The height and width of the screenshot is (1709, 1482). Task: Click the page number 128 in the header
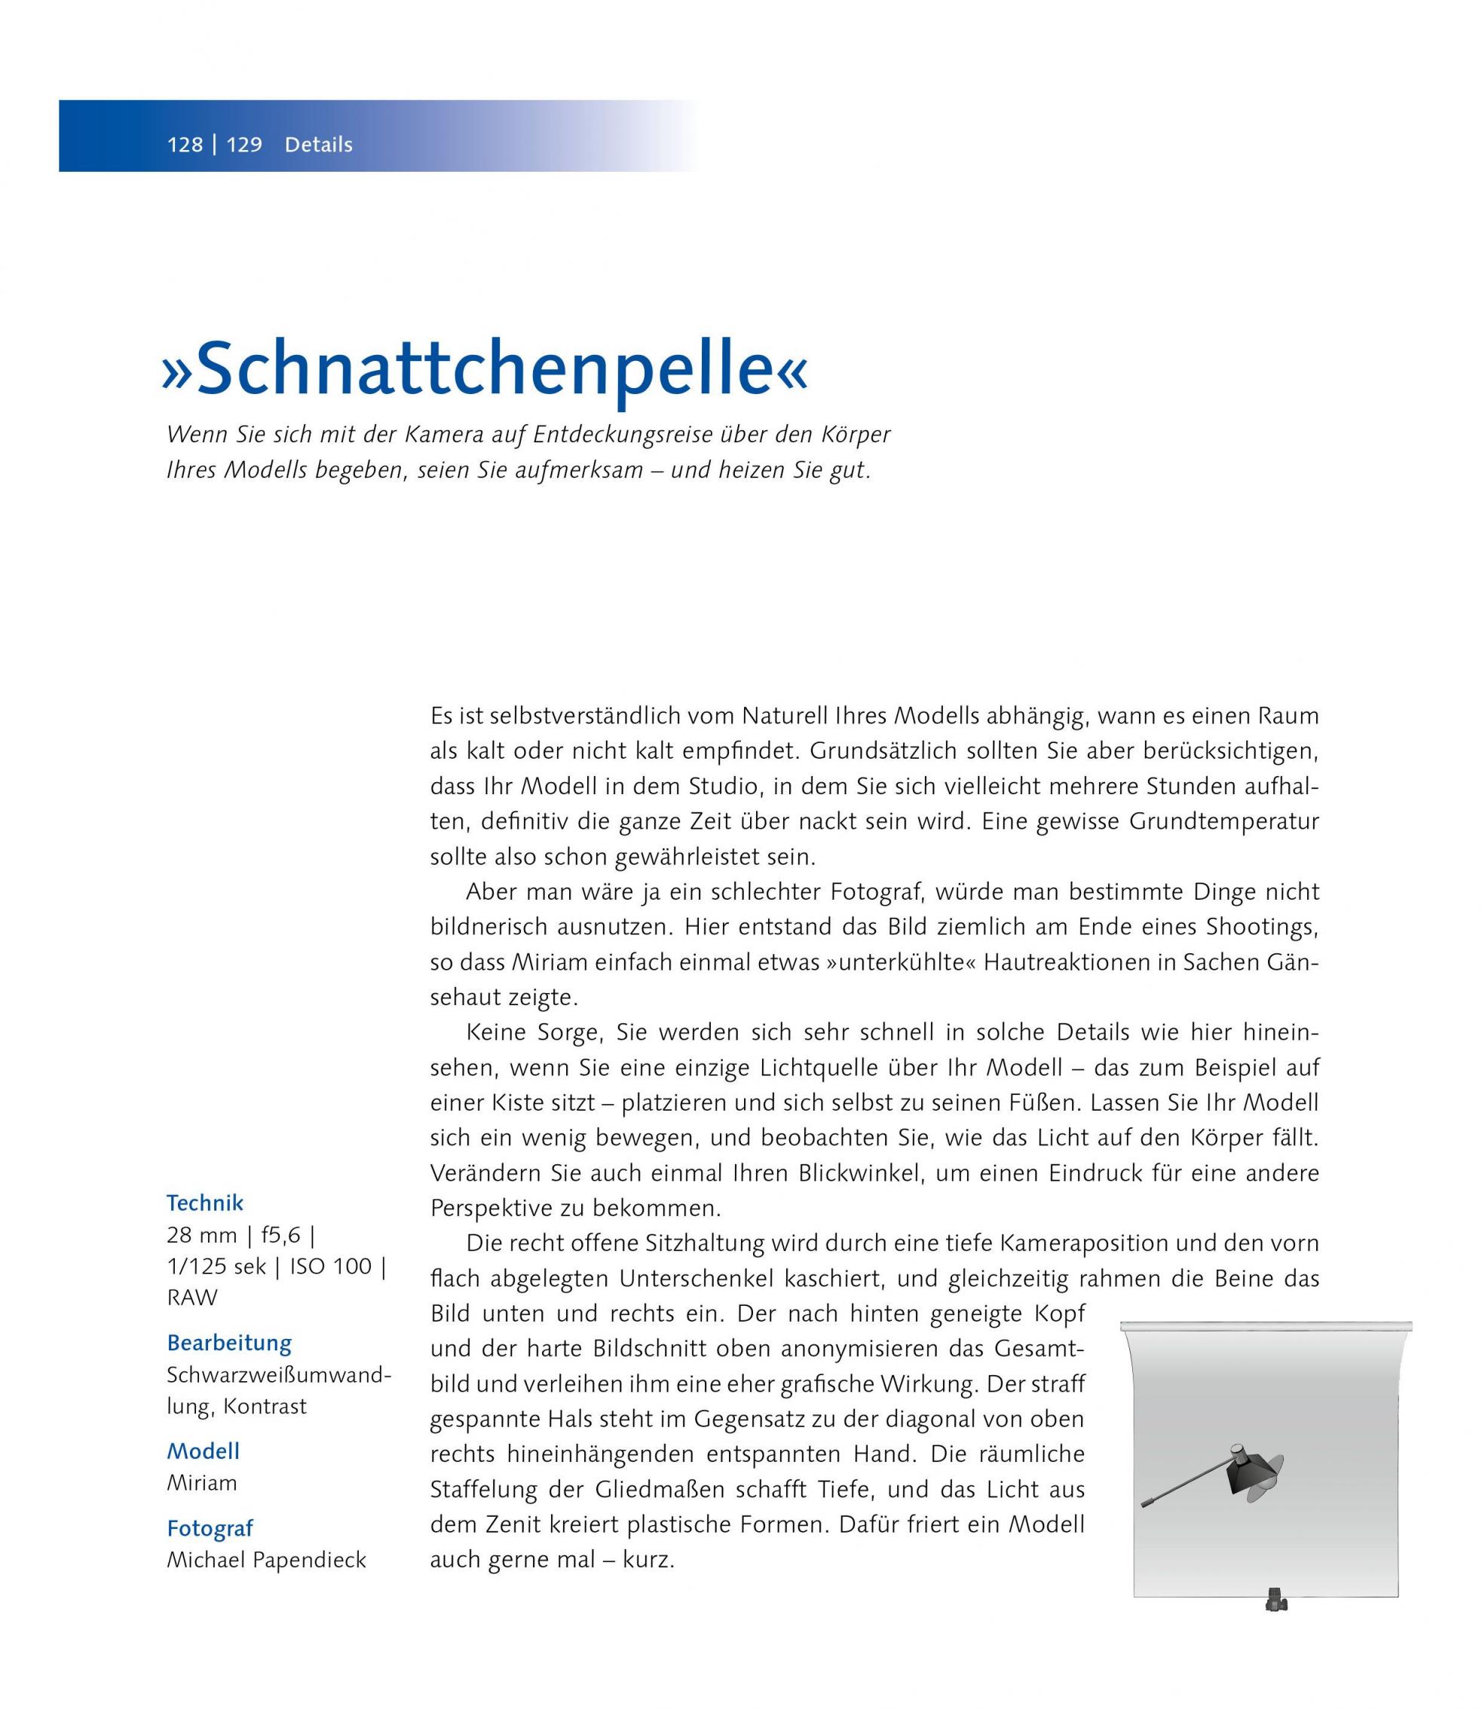coord(185,145)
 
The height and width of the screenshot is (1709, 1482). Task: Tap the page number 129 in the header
coord(244,145)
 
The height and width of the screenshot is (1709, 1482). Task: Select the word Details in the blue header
coord(318,145)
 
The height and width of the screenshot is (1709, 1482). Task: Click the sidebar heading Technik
coord(205,1202)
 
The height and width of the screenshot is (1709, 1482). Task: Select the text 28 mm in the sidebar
coord(201,1235)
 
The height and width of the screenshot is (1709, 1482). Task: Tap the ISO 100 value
coord(330,1266)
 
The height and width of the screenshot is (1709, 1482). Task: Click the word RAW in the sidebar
coord(192,1298)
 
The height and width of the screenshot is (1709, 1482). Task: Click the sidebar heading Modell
coord(204,1451)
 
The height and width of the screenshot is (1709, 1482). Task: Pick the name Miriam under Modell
coord(202,1482)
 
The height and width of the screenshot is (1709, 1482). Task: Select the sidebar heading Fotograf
coord(210,1529)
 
